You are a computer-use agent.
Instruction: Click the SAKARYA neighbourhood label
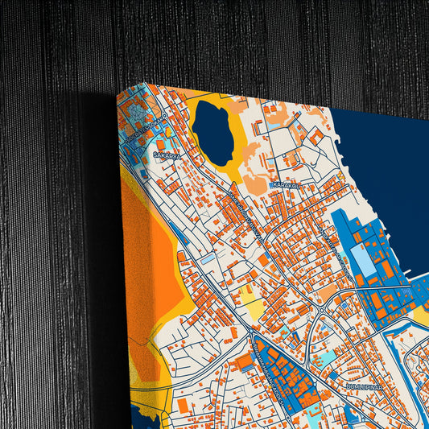[167, 155]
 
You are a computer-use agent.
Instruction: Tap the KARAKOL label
[286, 185]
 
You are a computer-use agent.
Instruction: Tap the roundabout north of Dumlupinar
[323, 309]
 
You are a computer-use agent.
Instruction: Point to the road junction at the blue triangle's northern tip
[253, 331]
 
